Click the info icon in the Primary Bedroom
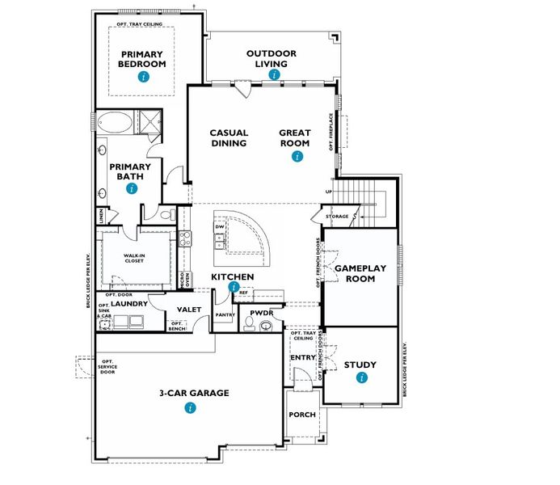[143, 77]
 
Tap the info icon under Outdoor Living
[275, 74]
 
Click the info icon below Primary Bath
[131, 188]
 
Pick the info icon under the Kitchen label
[234, 287]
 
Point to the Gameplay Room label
[360, 273]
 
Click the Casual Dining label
[229, 138]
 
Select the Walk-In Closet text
[134, 259]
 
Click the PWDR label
[261, 311]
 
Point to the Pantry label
[224, 314]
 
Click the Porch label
[302, 415]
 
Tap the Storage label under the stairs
[337, 217]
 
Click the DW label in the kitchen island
[219, 227]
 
